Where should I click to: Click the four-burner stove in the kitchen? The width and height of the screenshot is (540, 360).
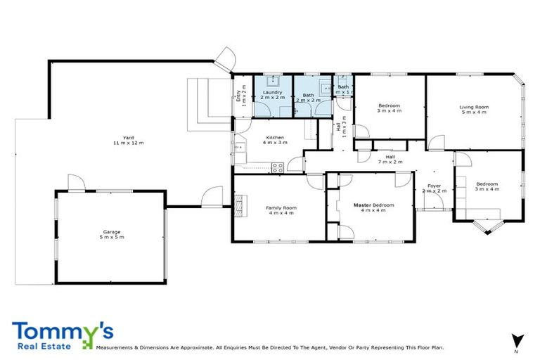click(277, 167)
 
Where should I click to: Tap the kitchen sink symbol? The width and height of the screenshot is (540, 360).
click(239, 147)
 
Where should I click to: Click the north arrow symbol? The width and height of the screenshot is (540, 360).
click(517, 340)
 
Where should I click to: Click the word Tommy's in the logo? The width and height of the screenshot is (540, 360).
click(62, 330)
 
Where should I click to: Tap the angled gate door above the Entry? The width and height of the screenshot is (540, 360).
click(226, 58)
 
